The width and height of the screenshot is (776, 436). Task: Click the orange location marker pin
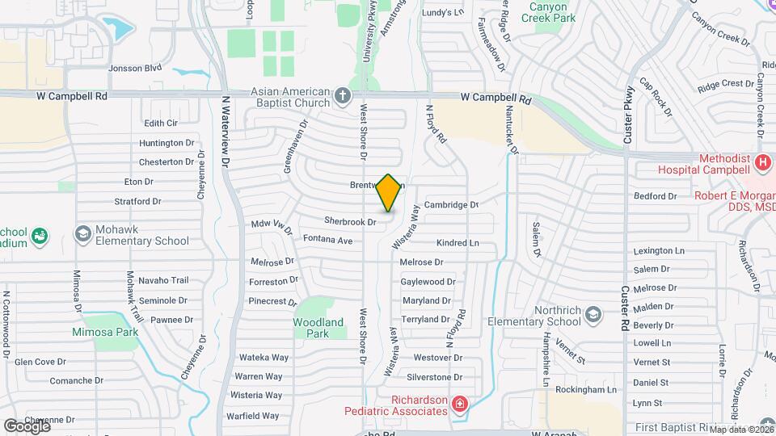(x=389, y=193)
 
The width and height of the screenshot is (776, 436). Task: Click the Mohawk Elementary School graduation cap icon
(x=82, y=234)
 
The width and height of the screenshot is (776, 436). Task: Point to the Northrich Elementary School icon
(x=593, y=315)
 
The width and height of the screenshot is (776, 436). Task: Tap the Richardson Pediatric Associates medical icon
(x=460, y=403)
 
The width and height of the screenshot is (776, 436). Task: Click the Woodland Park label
(x=318, y=328)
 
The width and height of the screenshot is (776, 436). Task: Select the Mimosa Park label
(x=105, y=332)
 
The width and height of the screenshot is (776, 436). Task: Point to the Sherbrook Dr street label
(x=351, y=221)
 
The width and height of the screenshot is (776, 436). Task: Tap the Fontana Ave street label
(x=328, y=240)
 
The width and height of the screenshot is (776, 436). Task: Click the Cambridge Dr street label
(x=452, y=205)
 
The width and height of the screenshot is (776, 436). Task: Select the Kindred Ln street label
(x=458, y=243)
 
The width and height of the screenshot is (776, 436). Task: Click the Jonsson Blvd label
(x=135, y=69)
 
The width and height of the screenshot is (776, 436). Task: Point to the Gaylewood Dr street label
(x=428, y=282)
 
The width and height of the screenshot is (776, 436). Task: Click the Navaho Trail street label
(x=163, y=280)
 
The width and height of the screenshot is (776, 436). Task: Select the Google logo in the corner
(x=26, y=426)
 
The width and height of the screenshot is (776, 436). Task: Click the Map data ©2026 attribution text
(x=740, y=429)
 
